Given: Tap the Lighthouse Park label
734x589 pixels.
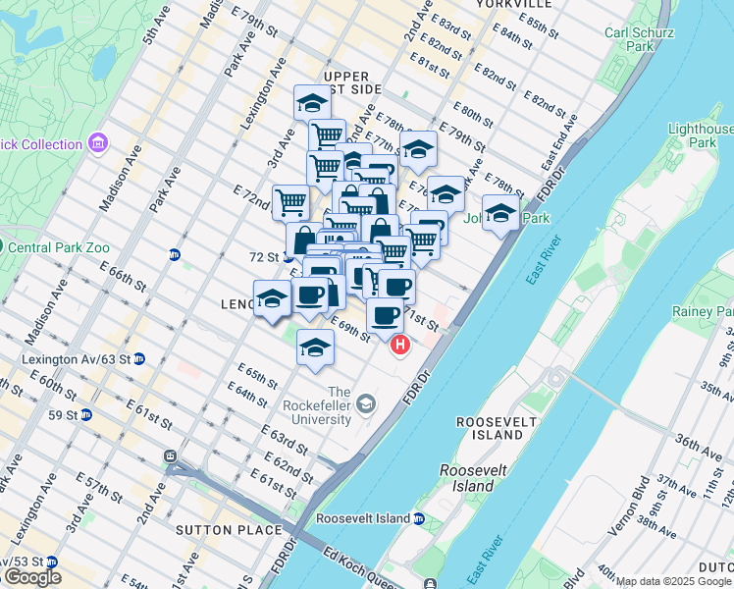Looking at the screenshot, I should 701,135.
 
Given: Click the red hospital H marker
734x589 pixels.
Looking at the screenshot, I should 400,345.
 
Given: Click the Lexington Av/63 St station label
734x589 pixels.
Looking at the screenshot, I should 77,359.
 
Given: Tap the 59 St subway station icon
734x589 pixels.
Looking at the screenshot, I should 85,414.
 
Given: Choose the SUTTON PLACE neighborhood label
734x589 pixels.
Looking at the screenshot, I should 215,530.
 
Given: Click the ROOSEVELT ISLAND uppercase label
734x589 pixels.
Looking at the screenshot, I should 491,428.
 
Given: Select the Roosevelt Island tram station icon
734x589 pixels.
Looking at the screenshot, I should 419,518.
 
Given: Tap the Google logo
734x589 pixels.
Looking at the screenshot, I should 32,576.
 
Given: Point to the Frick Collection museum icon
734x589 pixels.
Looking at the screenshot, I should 97,144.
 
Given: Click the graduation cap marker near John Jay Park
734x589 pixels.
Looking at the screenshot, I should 500,212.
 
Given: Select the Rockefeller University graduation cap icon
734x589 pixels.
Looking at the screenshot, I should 365,403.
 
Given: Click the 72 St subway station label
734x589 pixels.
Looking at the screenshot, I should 266,256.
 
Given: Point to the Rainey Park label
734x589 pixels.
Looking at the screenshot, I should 707,311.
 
